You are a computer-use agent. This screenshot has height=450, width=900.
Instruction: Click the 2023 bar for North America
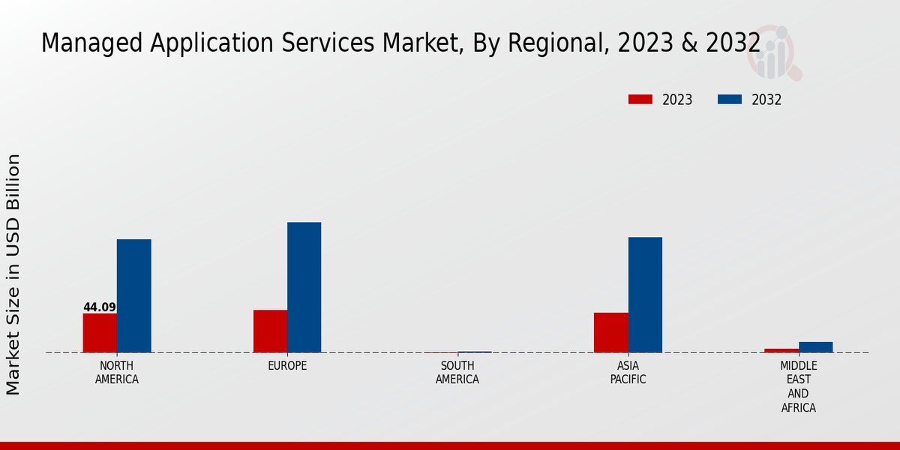(x=100, y=332)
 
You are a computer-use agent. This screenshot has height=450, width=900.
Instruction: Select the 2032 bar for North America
(x=133, y=295)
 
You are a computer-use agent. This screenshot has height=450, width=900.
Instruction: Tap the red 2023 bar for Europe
(x=270, y=331)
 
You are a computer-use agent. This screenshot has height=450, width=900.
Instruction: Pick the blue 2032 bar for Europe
(x=304, y=287)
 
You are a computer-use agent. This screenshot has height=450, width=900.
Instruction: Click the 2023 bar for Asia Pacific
(x=610, y=332)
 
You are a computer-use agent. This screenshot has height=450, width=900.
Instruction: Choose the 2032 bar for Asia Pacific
(x=645, y=295)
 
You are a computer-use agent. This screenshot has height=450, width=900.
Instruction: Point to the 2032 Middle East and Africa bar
(x=815, y=347)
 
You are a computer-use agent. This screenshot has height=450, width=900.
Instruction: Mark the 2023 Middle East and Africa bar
(x=781, y=350)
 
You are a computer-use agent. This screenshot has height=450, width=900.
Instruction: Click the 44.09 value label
(x=100, y=307)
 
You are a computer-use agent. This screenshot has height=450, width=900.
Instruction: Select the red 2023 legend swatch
(x=640, y=100)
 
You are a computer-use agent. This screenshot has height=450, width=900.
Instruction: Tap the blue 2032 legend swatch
(x=730, y=100)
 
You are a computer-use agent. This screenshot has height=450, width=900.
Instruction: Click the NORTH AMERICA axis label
(x=117, y=373)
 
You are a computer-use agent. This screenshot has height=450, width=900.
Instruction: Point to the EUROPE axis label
(x=287, y=366)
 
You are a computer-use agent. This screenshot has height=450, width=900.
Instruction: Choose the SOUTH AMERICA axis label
(x=457, y=373)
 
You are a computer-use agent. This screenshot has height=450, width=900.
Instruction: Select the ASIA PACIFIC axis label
(x=628, y=373)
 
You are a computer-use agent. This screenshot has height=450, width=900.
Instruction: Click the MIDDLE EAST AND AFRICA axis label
(x=798, y=387)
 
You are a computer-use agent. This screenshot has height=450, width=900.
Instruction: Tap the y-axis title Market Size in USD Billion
(x=13, y=274)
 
